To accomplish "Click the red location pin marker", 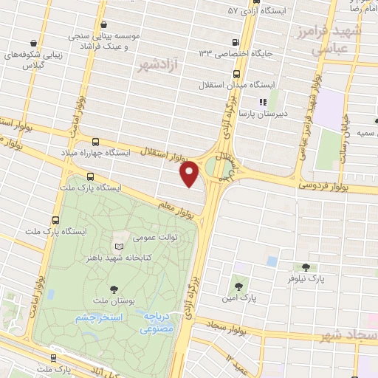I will pos(190,173).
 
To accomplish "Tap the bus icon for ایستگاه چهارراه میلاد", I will pos(95,141).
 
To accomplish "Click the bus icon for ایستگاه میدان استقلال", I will pos(236,74).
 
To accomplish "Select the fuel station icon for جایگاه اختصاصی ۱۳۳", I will pos(236,42).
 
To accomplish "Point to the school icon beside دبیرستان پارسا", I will pos(261,103).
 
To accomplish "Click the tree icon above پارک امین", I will pos(238,283).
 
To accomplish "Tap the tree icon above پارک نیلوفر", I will pos(306,267).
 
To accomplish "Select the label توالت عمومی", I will pos(154,238).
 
